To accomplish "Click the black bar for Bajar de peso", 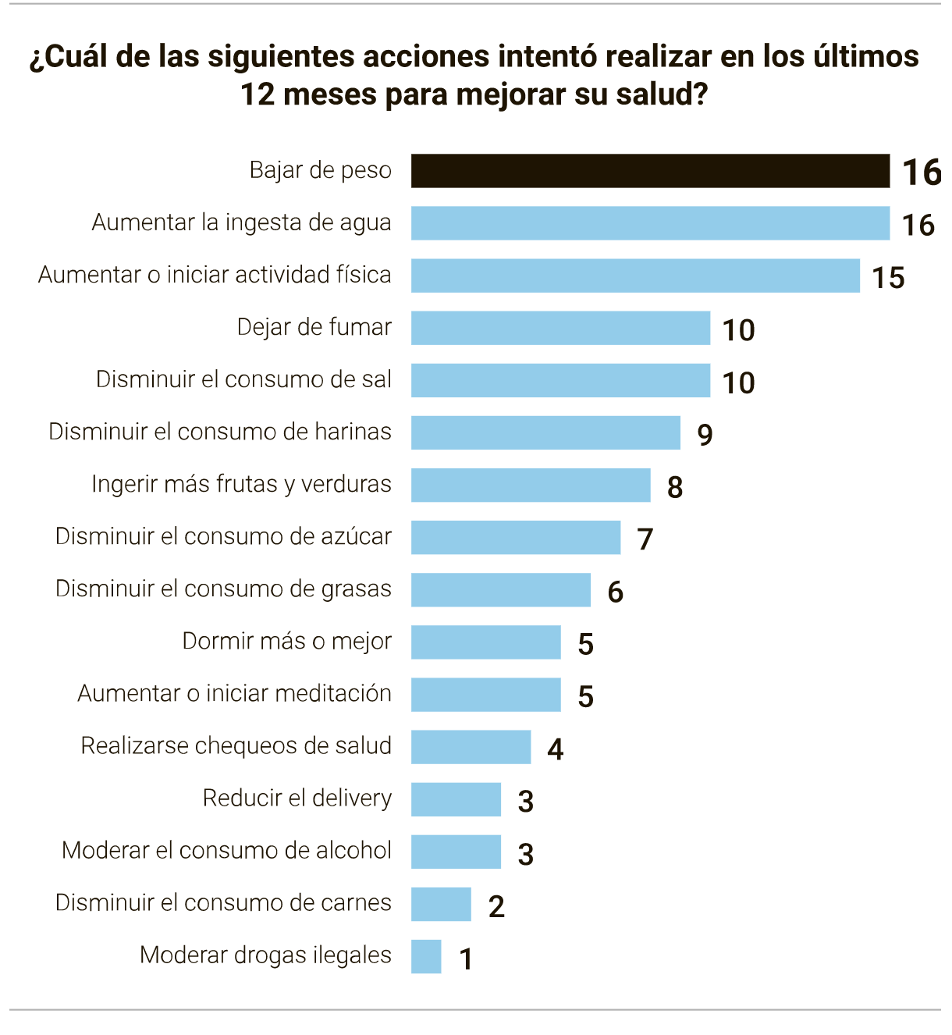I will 650,171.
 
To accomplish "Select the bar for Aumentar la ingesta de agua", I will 650,223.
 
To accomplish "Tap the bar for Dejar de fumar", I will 560,328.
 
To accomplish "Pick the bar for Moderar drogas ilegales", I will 426,956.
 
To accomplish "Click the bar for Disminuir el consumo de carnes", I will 441,904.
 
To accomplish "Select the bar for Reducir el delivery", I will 456,799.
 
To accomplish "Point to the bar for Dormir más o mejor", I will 485,642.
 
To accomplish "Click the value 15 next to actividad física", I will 888,278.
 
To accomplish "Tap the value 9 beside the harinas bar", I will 705,435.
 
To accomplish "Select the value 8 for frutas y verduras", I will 675,487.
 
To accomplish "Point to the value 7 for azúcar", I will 645,539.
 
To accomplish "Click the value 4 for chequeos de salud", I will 555,749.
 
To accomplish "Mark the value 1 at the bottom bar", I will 466,959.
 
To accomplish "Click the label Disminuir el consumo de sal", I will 243,379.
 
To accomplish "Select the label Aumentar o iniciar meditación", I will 234,693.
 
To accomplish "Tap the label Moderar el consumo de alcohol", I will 226,850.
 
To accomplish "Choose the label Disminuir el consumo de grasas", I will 223,589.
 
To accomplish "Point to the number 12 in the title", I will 257,94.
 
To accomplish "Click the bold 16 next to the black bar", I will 921,172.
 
